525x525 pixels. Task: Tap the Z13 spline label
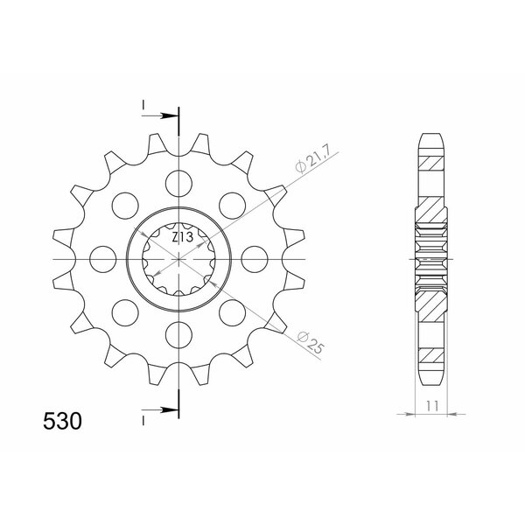tap(182, 237)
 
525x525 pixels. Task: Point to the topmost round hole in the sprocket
tap(178, 183)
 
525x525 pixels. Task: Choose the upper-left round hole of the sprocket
tap(125, 205)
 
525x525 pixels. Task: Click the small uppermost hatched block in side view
tap(432, 162)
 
